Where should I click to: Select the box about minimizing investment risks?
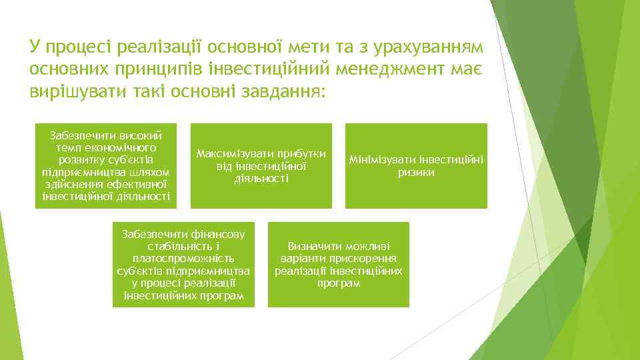coord(416,165)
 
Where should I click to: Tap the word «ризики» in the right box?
coord(416,173)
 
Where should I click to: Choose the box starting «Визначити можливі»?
coord(339,264)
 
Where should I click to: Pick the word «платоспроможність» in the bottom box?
coord(183,258)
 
